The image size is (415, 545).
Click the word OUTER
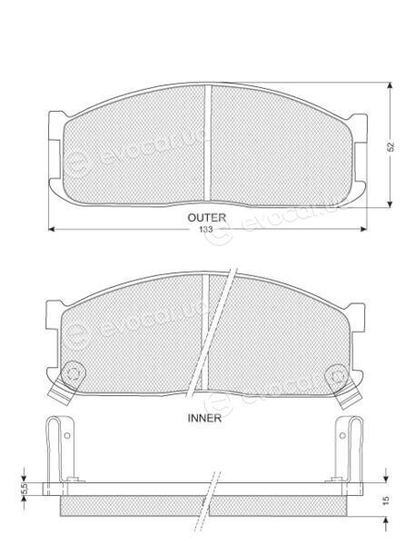pyautogui.click(x=206, y=218)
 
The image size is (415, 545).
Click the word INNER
pyautogui.click(x=204, y=418)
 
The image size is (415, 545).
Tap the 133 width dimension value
pyautogui.click(x=206, y=230)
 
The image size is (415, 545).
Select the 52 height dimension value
pyautogui.click(x=391, y=146)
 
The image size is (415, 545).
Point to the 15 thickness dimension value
pyautogui.click(x=386, y=500)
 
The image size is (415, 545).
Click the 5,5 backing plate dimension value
pyautogui.click(x=25, y=489)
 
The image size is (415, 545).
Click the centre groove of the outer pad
pyautogui.click(x=207, y=143)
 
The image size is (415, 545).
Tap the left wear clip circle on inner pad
pyautogui.click(x=74, y=373)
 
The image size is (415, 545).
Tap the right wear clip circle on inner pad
pyautogui.click(x=336, y=374)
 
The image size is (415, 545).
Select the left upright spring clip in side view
pyautogui.click(x=60, y=449)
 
